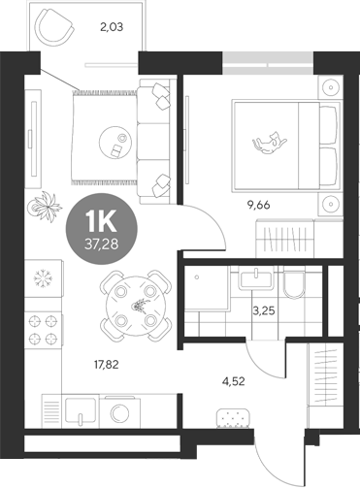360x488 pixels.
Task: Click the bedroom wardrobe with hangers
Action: pos(291,237)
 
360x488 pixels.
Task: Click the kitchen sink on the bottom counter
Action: pos(82,409)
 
